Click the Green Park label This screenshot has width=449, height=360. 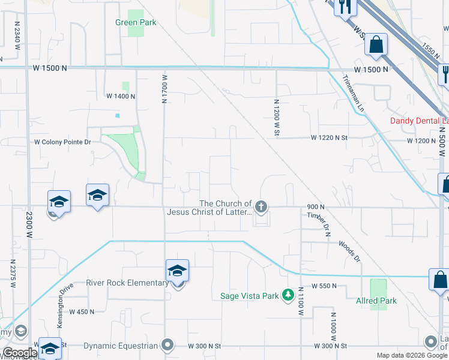point(136,23)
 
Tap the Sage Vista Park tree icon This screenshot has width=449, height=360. point(289,295)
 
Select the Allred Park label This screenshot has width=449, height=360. point(375,301)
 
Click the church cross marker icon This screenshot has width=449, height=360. point(261,208)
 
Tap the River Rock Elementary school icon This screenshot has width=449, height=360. point(178,271)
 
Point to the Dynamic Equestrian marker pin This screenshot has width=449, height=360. point(167,345)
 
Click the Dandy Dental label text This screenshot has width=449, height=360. point(419,121)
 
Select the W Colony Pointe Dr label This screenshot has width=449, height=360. point(62,142)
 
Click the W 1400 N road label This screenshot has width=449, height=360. point(121,96)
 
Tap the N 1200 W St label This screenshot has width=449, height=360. point(277,116)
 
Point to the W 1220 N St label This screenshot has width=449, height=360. point(330,138)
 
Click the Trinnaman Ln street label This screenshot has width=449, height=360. point(353,94)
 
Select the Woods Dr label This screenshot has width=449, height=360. point(349,251)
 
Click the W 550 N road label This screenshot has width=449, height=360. point(324,287)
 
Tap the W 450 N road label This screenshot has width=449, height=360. point(82,311)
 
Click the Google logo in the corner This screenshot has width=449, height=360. point(20,353)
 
